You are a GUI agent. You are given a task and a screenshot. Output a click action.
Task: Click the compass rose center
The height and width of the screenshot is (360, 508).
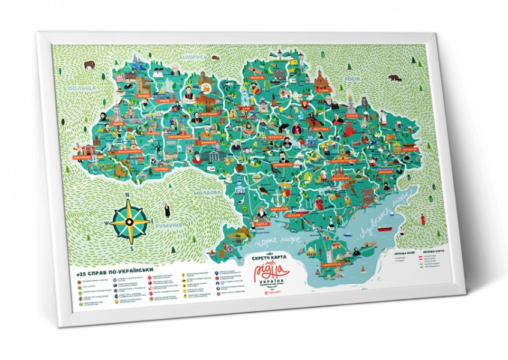click(129, 221)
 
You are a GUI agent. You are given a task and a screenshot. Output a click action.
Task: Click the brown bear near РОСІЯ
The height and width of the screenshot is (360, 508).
click(395, 77)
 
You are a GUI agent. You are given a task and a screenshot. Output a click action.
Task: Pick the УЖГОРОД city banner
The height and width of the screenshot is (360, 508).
click(82, 158)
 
